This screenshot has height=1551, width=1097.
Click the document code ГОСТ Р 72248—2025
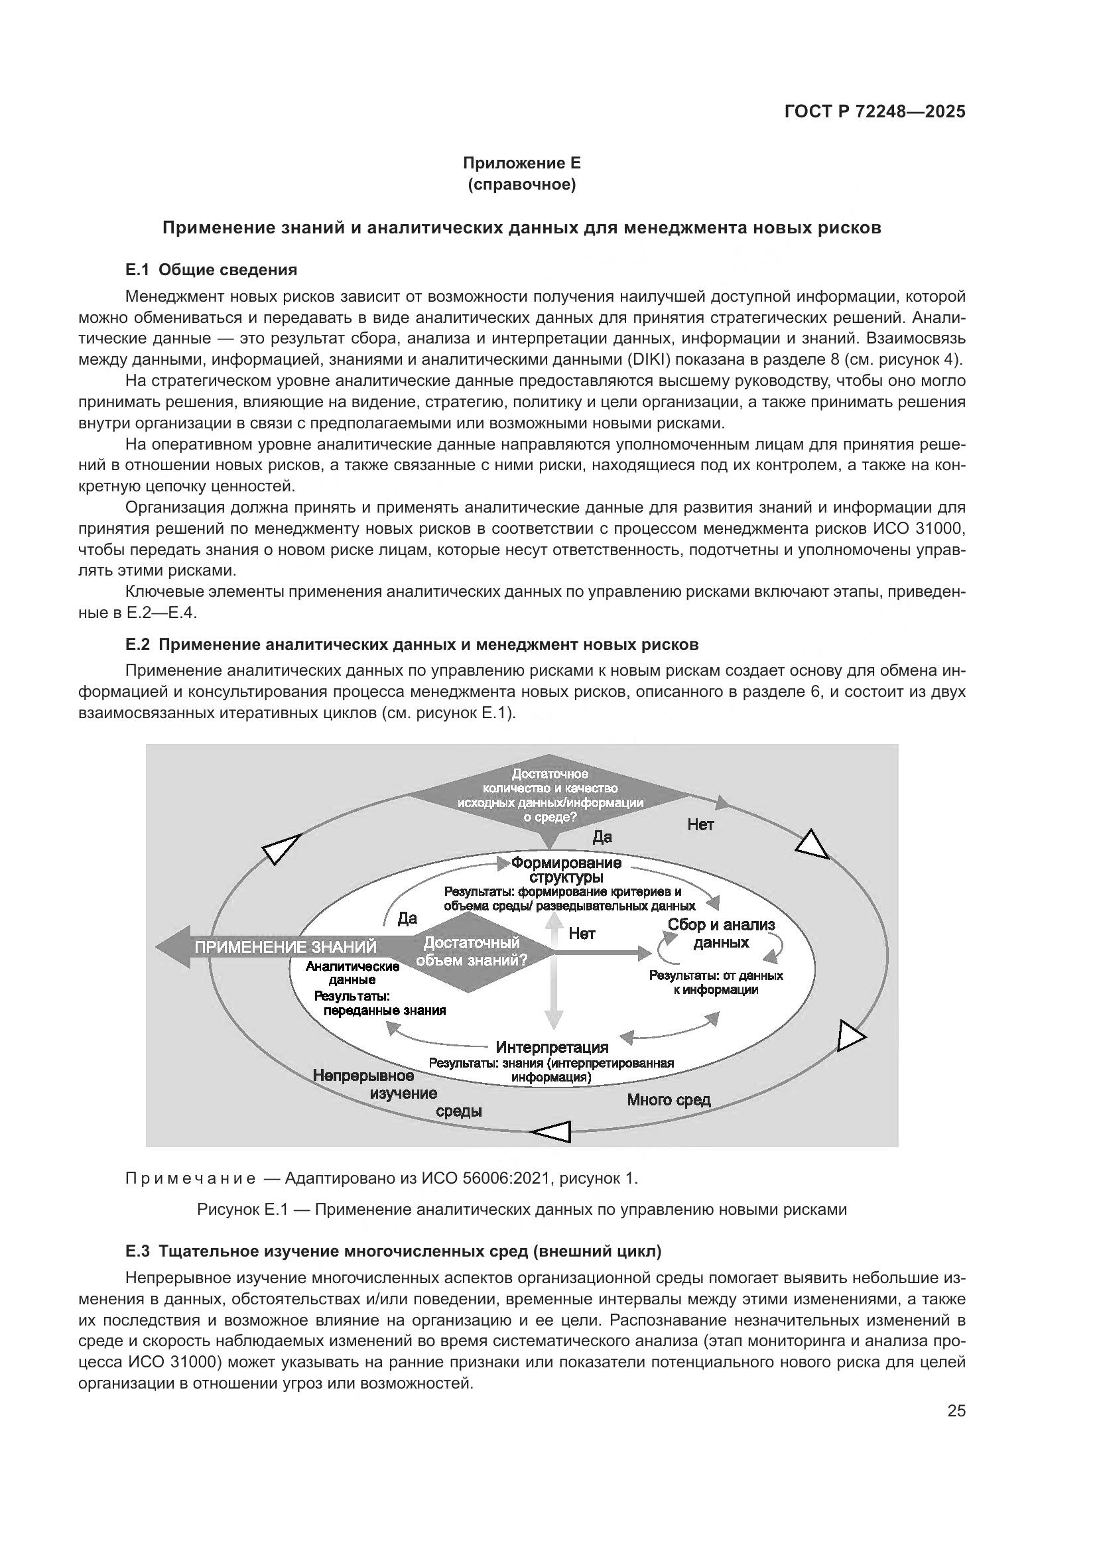click(x=875, y=112)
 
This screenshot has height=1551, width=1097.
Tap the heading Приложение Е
click(x=521, y=163)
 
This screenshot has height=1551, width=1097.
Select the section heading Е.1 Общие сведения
click(x=211, y=270)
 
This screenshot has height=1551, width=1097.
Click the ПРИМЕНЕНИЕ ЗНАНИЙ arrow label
click(x=285, y=947)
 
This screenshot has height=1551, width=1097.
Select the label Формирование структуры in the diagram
click(x=566, y=870)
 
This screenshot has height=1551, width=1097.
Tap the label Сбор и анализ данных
click(x=722, y=934)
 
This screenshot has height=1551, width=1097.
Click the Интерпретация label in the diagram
click(x=552, y=1048)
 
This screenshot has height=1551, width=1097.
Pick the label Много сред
click(x=669, y=1099)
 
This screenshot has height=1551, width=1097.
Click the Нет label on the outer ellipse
click(x=700, y=824)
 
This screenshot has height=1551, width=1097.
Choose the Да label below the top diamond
click(x=602, y=837)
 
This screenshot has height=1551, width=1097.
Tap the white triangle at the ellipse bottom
click(x=554, y=1131)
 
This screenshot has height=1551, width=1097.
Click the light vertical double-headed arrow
click(x=554, y=973)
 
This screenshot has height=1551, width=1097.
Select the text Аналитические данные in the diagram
click(x=353, y=973)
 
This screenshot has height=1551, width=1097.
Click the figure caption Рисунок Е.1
click(x=521, y=1210)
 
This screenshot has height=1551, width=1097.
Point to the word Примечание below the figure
click(x=190, y=1179)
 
